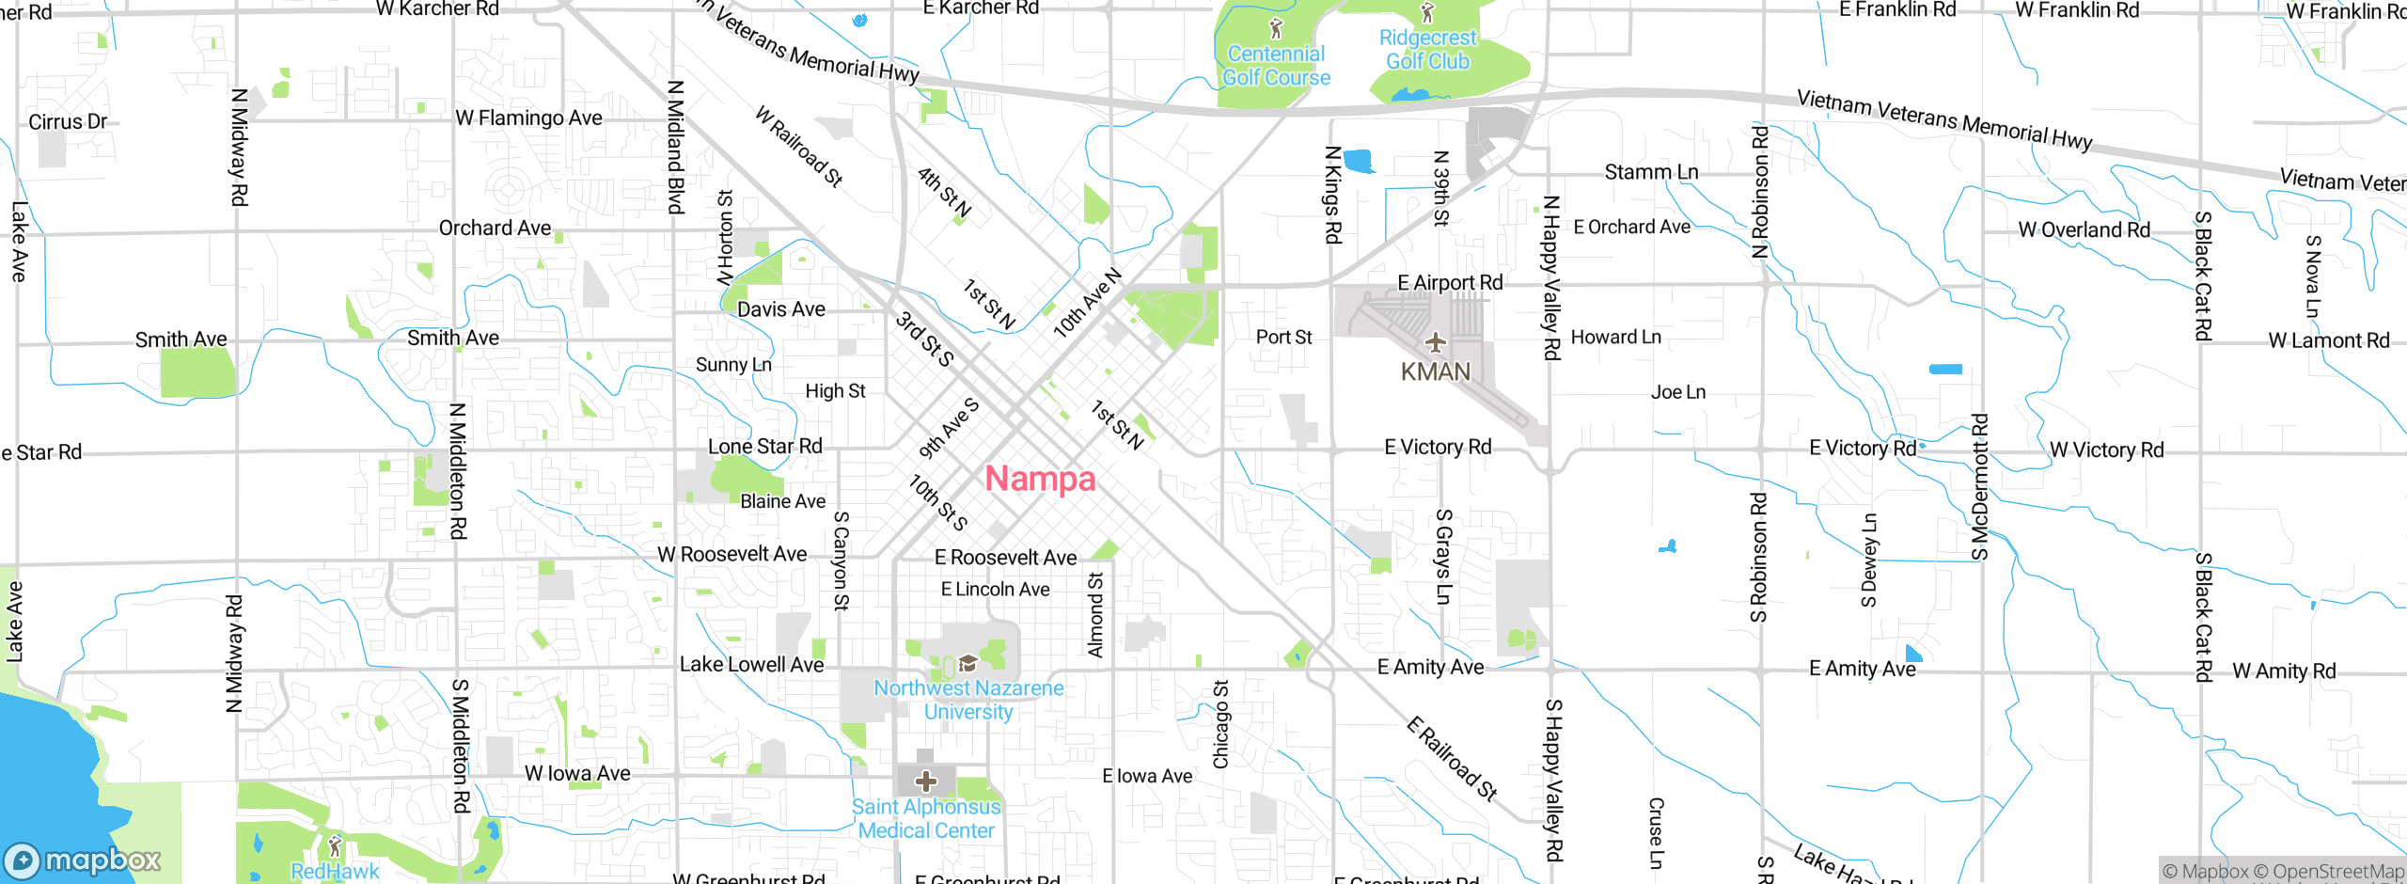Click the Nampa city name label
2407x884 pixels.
click(x=1040, y=479)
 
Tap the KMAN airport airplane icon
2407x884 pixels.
click(x=1435, y=342)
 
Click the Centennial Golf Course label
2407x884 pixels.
click(x=1276, y=66)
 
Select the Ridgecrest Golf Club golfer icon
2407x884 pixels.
click(x=1427, y=13)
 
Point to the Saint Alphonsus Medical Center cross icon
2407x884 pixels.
click(x=926, y=781)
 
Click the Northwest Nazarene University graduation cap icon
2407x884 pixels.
click(x=968, y=664)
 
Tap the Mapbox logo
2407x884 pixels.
click(x=83, y=860)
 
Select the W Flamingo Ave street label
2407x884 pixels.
click(x=528, y=118)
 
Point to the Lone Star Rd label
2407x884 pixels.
click(x=764, y=447)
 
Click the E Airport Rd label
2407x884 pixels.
click(x=1450, y=283)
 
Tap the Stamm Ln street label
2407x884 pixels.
click(x=1651, y=172)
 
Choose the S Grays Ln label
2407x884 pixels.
click(x=1443, y=557)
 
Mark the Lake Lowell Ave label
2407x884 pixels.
click(x=751, y=665)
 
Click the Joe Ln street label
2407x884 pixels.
click(x=1677, y=392)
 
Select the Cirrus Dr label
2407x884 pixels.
click(x=68, y=122)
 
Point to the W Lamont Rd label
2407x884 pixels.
click(x=2328, y=340)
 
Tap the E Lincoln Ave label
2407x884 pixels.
click(x=995, y=590)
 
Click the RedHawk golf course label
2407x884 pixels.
click(x=335, y=871)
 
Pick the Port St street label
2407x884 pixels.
click(x=1283, y=338)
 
